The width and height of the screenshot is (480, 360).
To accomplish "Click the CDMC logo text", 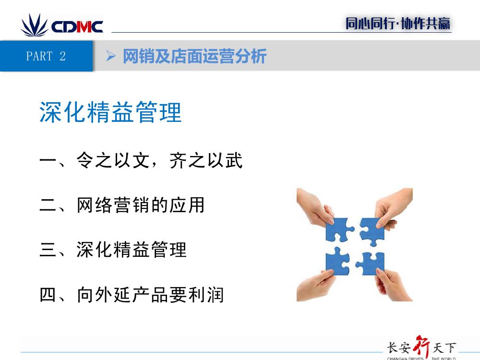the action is (x=77, y=26).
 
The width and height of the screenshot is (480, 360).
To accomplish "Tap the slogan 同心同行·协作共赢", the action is (x=398, y=24).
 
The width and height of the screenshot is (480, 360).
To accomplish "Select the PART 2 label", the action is (x=46, y=56).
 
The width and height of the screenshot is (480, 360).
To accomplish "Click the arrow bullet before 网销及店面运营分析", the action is (x=110, y=56).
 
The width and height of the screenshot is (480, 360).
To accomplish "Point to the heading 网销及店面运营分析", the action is (x=195, y=56).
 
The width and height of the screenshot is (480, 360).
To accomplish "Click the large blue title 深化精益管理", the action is (x=110, y=112).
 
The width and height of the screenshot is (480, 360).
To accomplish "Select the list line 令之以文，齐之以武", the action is (x=159, y=160).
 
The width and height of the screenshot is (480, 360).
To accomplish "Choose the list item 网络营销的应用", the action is (x=141, y=205).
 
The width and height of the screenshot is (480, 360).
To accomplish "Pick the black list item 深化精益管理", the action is (x=132, y=250).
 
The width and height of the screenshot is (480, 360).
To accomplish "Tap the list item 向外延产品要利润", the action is (x=150, y=295).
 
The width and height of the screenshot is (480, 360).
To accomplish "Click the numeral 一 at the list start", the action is (x=48, y=160).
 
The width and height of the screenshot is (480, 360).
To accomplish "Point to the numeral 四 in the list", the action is (x=48, y=295).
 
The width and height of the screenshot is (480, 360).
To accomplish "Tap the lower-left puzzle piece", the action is (x=337, y=262).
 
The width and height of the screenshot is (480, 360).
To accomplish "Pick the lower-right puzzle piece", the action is (x=371, y=263).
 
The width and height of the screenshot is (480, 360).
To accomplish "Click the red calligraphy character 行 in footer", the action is (x=421, y=347).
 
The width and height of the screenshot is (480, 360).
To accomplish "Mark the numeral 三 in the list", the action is (x=48, y=250).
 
